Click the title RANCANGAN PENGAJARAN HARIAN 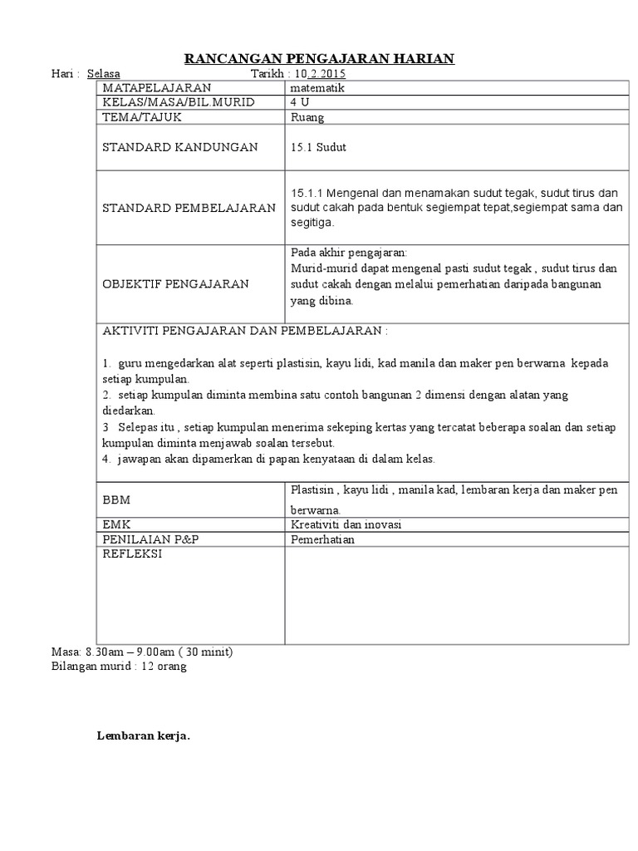coord(319,57)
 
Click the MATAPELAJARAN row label coord(156,87)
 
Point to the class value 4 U coord(299,102)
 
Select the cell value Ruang coord(307,117)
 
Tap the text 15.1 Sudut coord(318,147)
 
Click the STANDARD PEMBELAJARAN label coord(189,208)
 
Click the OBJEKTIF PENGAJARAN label coord(175,284)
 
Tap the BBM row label coord(116,499)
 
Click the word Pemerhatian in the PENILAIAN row coord(322,539)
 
